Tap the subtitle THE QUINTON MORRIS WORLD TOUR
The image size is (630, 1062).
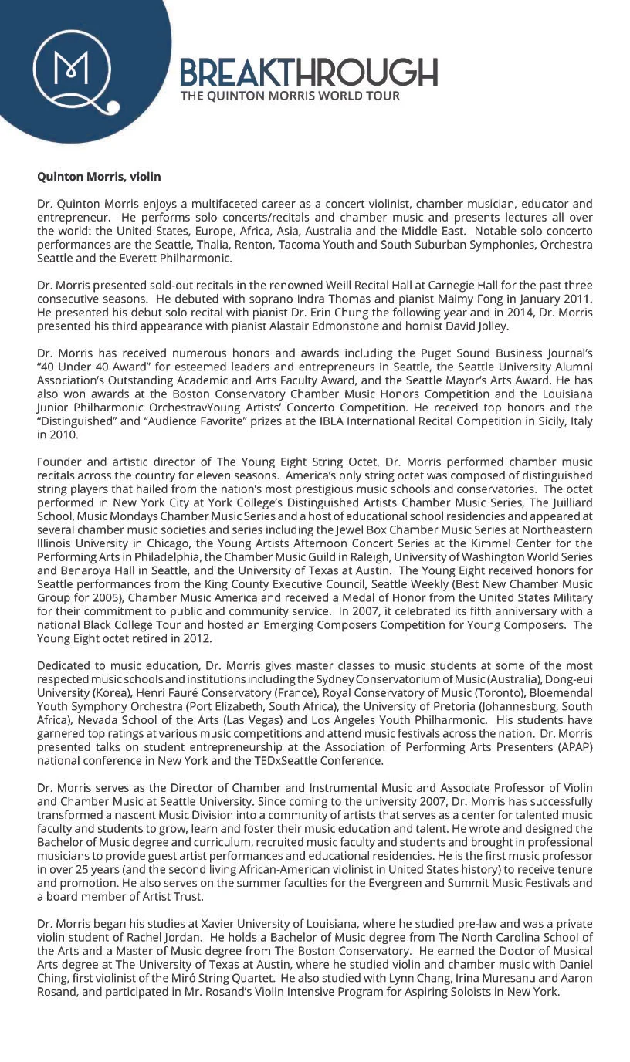click(x=290, y=96)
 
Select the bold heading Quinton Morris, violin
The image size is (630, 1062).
click(x=99, y=177)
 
